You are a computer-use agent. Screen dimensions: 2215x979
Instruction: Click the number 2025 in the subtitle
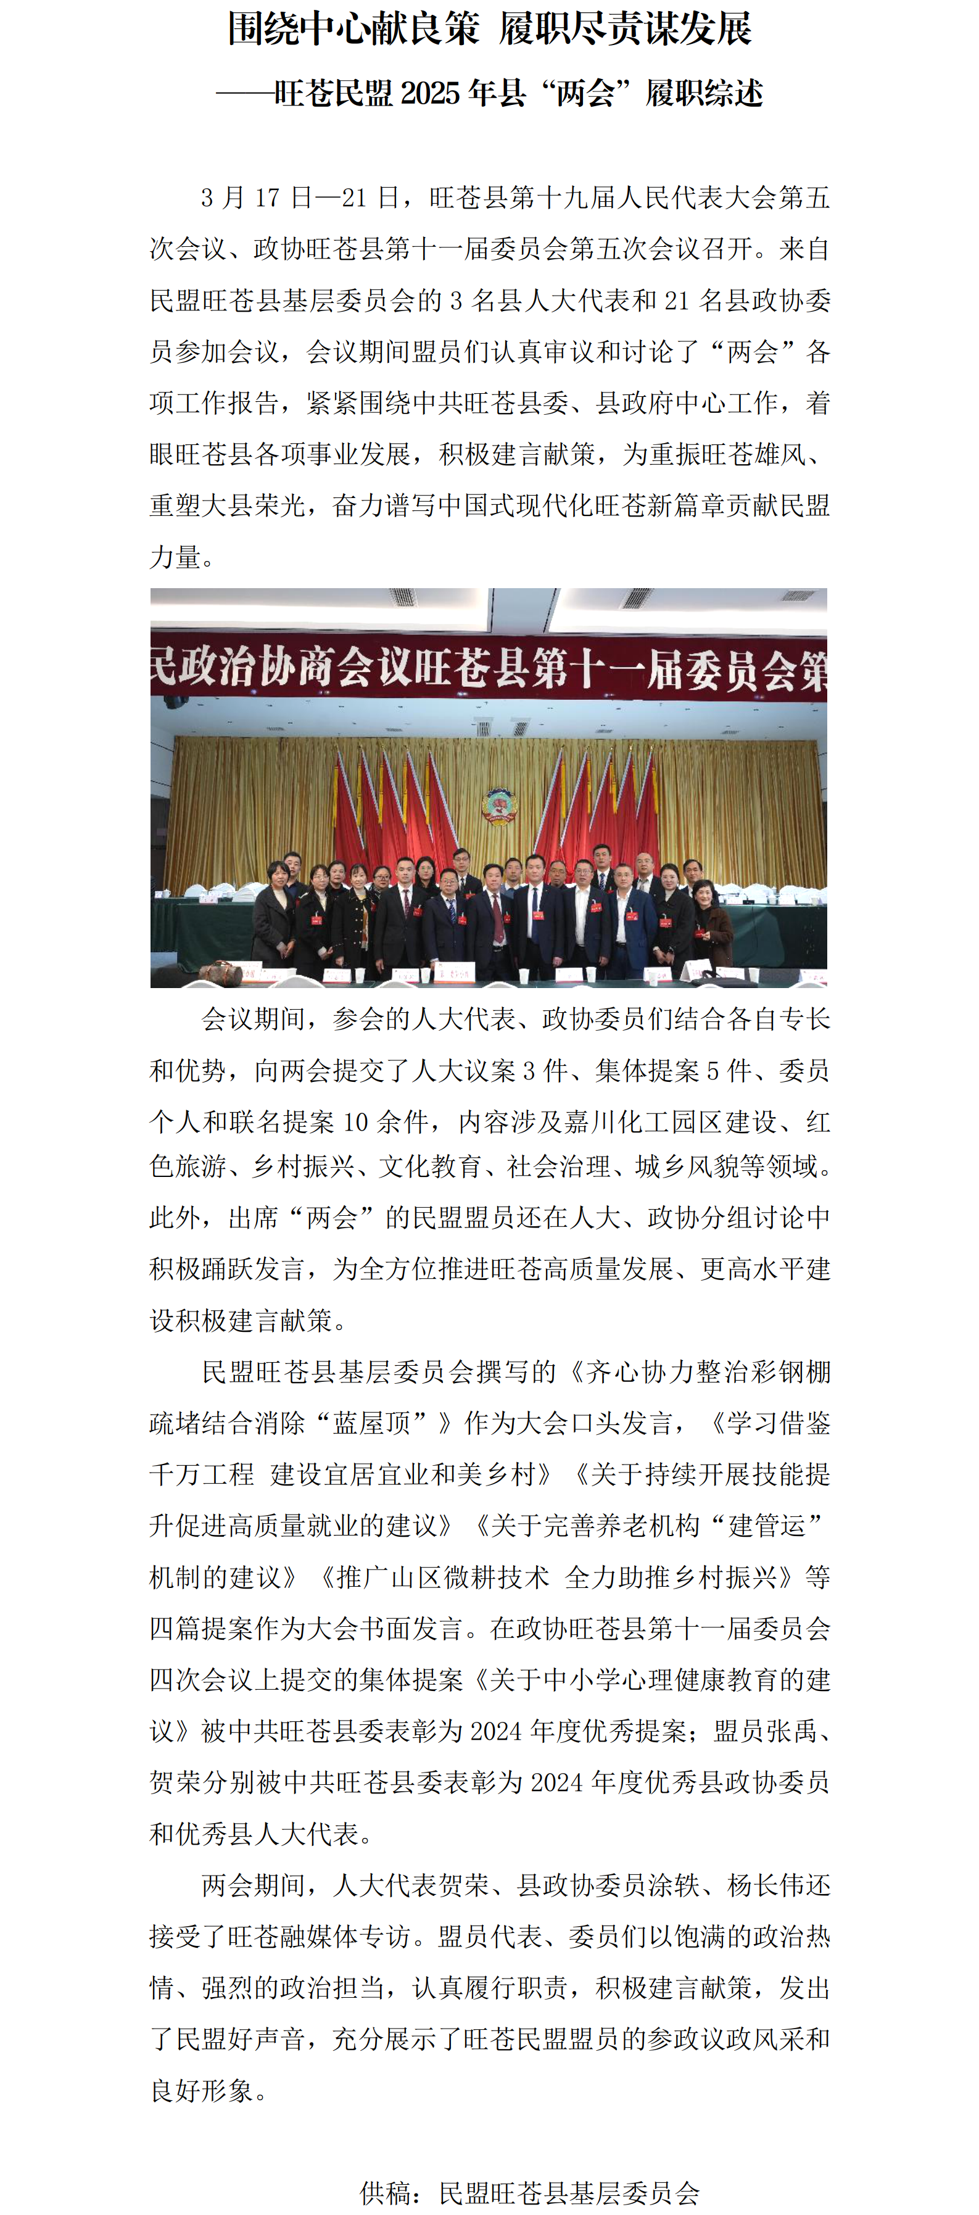(430, 93)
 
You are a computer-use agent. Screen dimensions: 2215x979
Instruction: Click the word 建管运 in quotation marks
(767, 1526)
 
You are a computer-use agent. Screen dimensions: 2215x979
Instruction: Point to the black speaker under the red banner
(176, 702)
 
